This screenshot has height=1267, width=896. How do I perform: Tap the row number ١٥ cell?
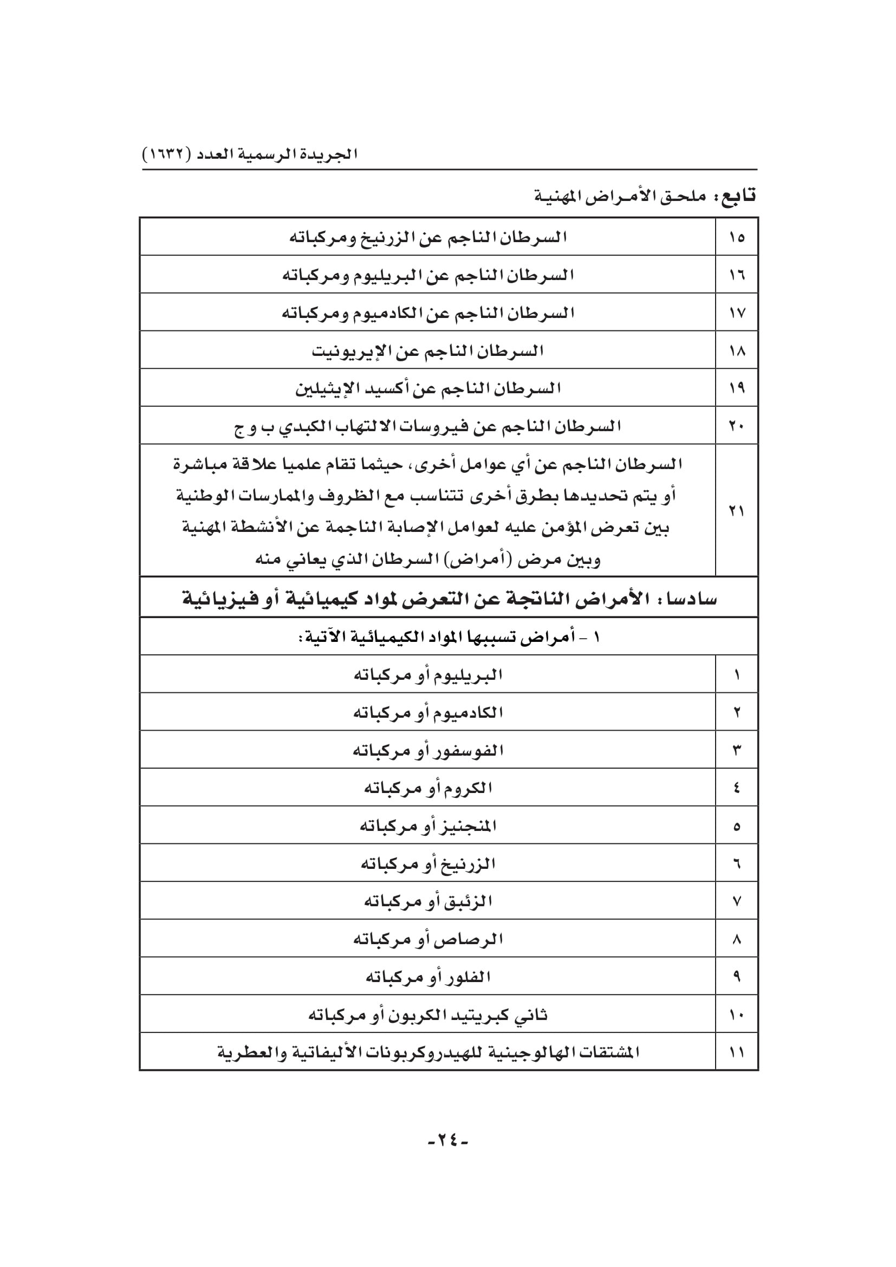pyautogui.click(x=737, y=237)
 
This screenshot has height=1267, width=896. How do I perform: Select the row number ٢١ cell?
pyautogui.click(x=737, y=511)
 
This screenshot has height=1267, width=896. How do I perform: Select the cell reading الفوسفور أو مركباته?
pyautogui.click(x=428, y=750)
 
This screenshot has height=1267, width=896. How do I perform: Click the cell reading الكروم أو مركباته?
pyautogui.click(x=428, y=788)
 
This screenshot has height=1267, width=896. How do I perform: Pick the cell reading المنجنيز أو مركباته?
pyautogui.click(x=428, y=826)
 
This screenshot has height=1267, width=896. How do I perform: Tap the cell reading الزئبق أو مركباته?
pyautogui.click(x=428, y=901)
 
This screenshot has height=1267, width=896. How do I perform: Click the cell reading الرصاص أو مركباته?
pyautogui.click(x=428, y=939)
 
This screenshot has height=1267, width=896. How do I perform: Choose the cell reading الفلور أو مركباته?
pyautogui.click(x=428, y=977)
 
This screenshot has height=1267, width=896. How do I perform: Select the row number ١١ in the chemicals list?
pyautogui.click(x=737, y=1052)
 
